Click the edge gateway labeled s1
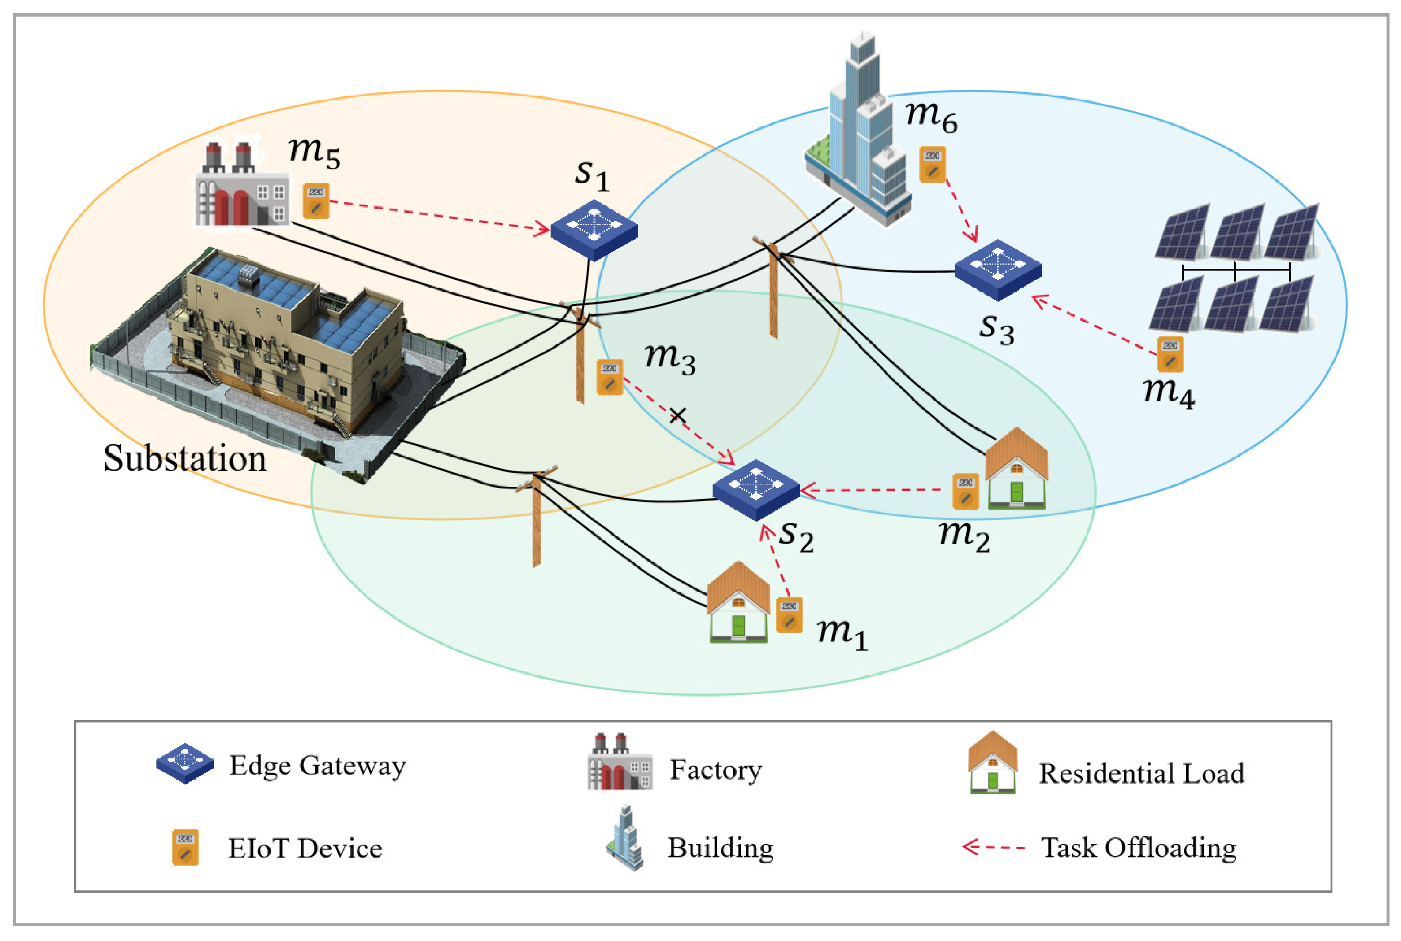(594, 229)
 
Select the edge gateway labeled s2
(756, 489)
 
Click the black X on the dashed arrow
(678, 415)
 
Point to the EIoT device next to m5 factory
(316, 200)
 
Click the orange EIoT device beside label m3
(609, 377)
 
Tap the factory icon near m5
(241, 186)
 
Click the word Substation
(185, 459)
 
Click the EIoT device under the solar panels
(1170, 354)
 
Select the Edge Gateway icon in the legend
(185, 763)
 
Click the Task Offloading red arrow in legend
(993, 847)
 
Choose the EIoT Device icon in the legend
(185, 847)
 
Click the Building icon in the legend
(625, 838)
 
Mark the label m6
(931, 115)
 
